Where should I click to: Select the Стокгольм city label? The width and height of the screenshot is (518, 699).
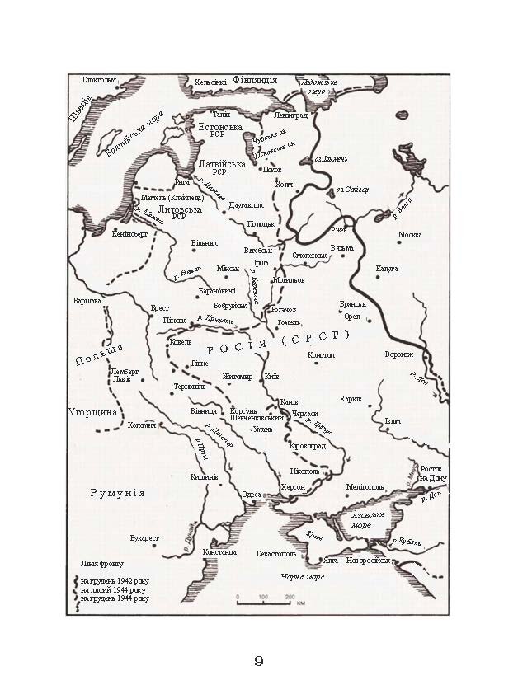(x=101, y=80)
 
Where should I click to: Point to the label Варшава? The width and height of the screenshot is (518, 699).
(x=87, y=301)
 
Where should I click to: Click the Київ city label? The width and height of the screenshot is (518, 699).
(x=271, y=376)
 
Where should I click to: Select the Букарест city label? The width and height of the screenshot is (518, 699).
(x=144, y=538)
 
